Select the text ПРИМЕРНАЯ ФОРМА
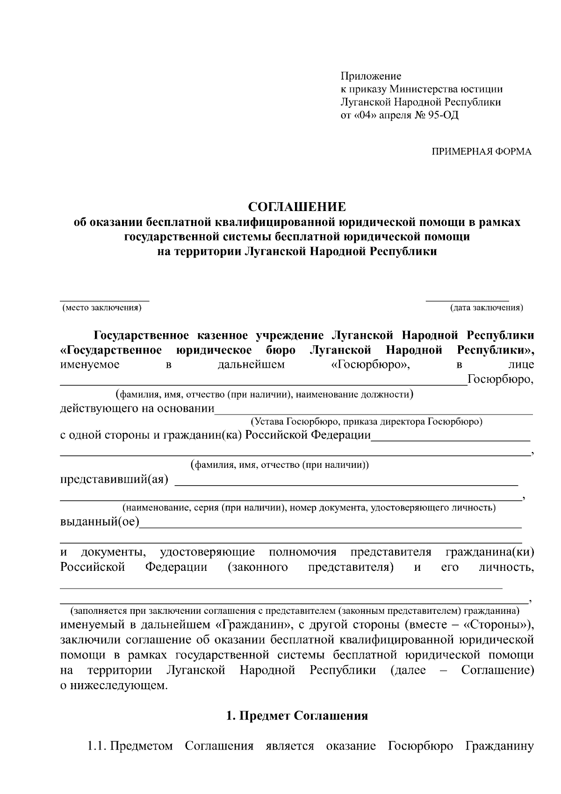point(481,152)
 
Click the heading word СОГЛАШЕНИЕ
point(297,207)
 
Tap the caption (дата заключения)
point(486,308)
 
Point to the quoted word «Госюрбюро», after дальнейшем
point(367,365)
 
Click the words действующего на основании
point(137,409)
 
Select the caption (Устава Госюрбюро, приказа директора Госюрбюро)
point(366,422)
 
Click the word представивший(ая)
point(114,481)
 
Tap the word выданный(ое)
point(100,522)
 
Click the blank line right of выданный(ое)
point(330,527)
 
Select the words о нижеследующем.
point(113,685)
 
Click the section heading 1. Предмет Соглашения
point(297,716)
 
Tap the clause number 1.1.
point(97,746)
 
